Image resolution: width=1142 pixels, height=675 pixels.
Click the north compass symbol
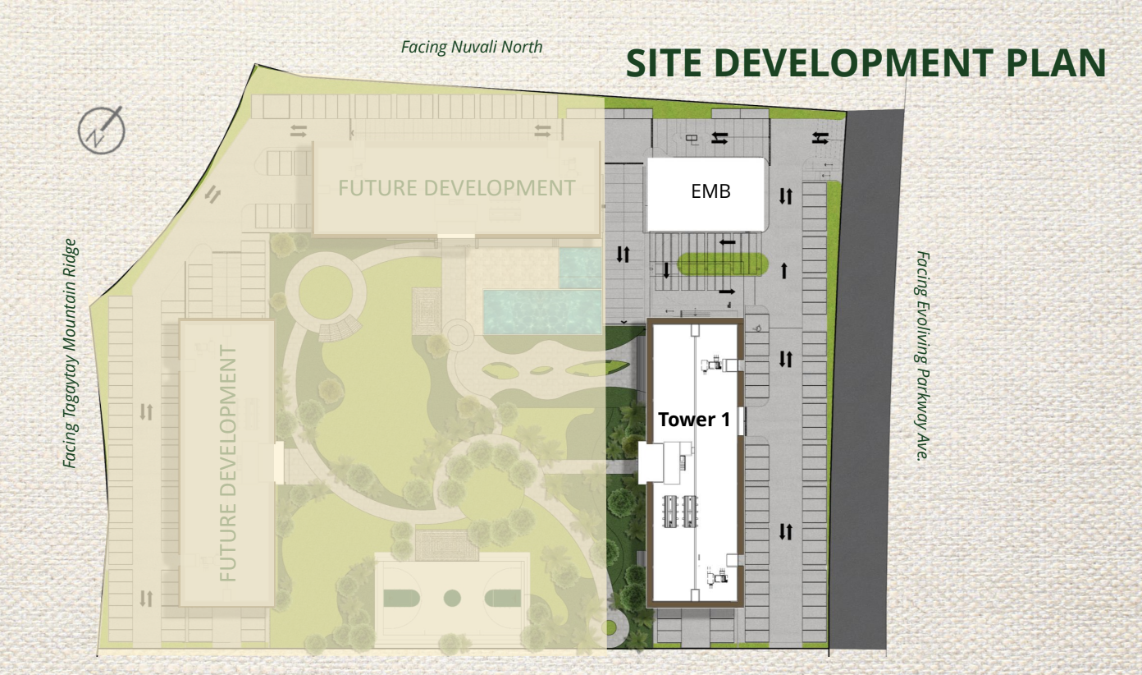click(x=102, y=130)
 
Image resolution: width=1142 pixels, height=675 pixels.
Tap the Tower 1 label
click(x=694, y=420)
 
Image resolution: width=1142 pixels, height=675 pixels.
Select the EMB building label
click(x=710, y=191)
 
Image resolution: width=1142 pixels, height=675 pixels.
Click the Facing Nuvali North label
click(x=472, y=47)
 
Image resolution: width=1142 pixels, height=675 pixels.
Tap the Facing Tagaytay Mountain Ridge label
click(x=70, y=353)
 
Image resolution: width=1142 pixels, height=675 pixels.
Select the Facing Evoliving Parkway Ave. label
click(x=923, y=356)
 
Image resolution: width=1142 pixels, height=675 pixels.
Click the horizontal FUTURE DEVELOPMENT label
click(x=457, y=188)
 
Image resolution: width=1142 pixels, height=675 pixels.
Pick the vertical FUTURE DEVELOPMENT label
click(x=228, y=463)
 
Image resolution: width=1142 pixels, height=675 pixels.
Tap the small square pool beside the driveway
click(x=581, y=268)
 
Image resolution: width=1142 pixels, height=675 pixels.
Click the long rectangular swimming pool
click(x=542, y=312)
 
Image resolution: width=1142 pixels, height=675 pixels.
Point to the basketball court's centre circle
click(x=452, y=598)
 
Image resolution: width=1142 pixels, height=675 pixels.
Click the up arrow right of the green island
click(x=784, y=271)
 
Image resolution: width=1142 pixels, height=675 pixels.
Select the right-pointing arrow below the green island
click(x=727, y=292)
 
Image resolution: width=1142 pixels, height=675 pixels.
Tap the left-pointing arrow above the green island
click(x=728, y=242)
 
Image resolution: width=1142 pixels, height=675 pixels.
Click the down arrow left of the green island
click(x=666, y=270)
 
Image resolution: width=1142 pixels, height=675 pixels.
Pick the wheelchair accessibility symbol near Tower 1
click(x=758, y=328)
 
